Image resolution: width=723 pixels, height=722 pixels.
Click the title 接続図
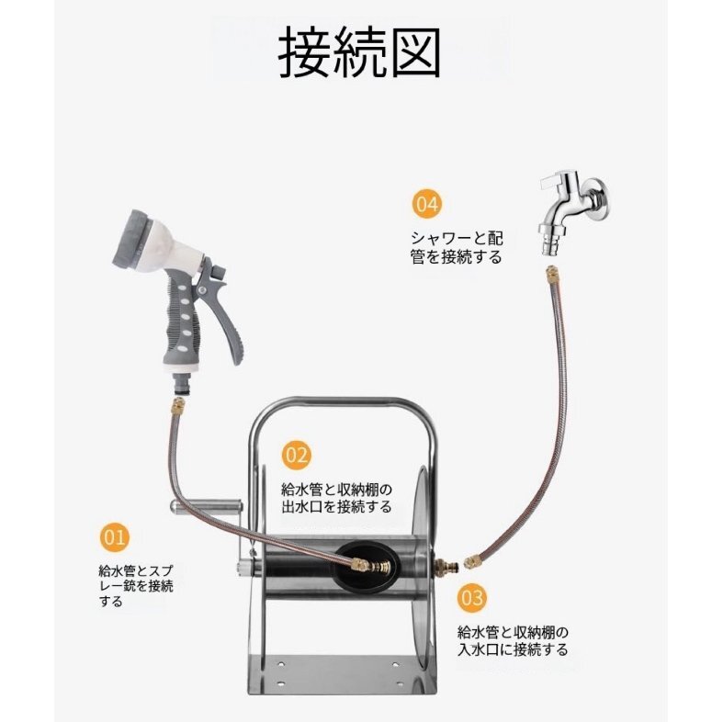pos(359,52)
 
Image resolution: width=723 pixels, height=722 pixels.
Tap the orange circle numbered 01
pos(114,537)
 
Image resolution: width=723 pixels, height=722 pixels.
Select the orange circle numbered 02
pos(296,455)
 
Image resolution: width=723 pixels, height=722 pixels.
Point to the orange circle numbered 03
pos(472,597)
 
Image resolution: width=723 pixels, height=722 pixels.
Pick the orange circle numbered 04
pos(426,204)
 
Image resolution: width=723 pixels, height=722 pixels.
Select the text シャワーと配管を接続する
pos(456,248)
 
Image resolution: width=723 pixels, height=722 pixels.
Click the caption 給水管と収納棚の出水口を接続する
pos(336,499)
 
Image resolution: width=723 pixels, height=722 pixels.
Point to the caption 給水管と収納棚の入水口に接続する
pos(513,641)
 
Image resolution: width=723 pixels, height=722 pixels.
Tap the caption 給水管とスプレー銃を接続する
pos(136,586)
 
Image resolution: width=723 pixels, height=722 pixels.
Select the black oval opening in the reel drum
pos(367,567)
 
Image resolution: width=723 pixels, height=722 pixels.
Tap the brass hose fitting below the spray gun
pos(177,406)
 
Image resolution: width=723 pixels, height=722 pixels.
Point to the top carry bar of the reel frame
pos(342,402)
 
